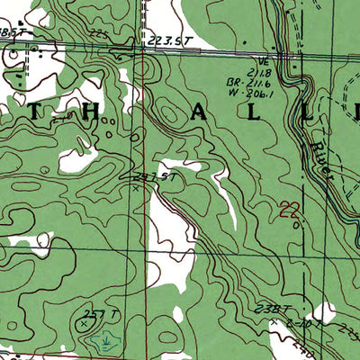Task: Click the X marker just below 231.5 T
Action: [x=136, y=187]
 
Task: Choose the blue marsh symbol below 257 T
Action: [x=107, y=340]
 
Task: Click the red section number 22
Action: [x=289, y=211]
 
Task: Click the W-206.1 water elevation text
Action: [x=245, y=91]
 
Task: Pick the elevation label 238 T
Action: [x=267, y=309]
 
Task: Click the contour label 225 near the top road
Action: [x=98, y=33]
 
